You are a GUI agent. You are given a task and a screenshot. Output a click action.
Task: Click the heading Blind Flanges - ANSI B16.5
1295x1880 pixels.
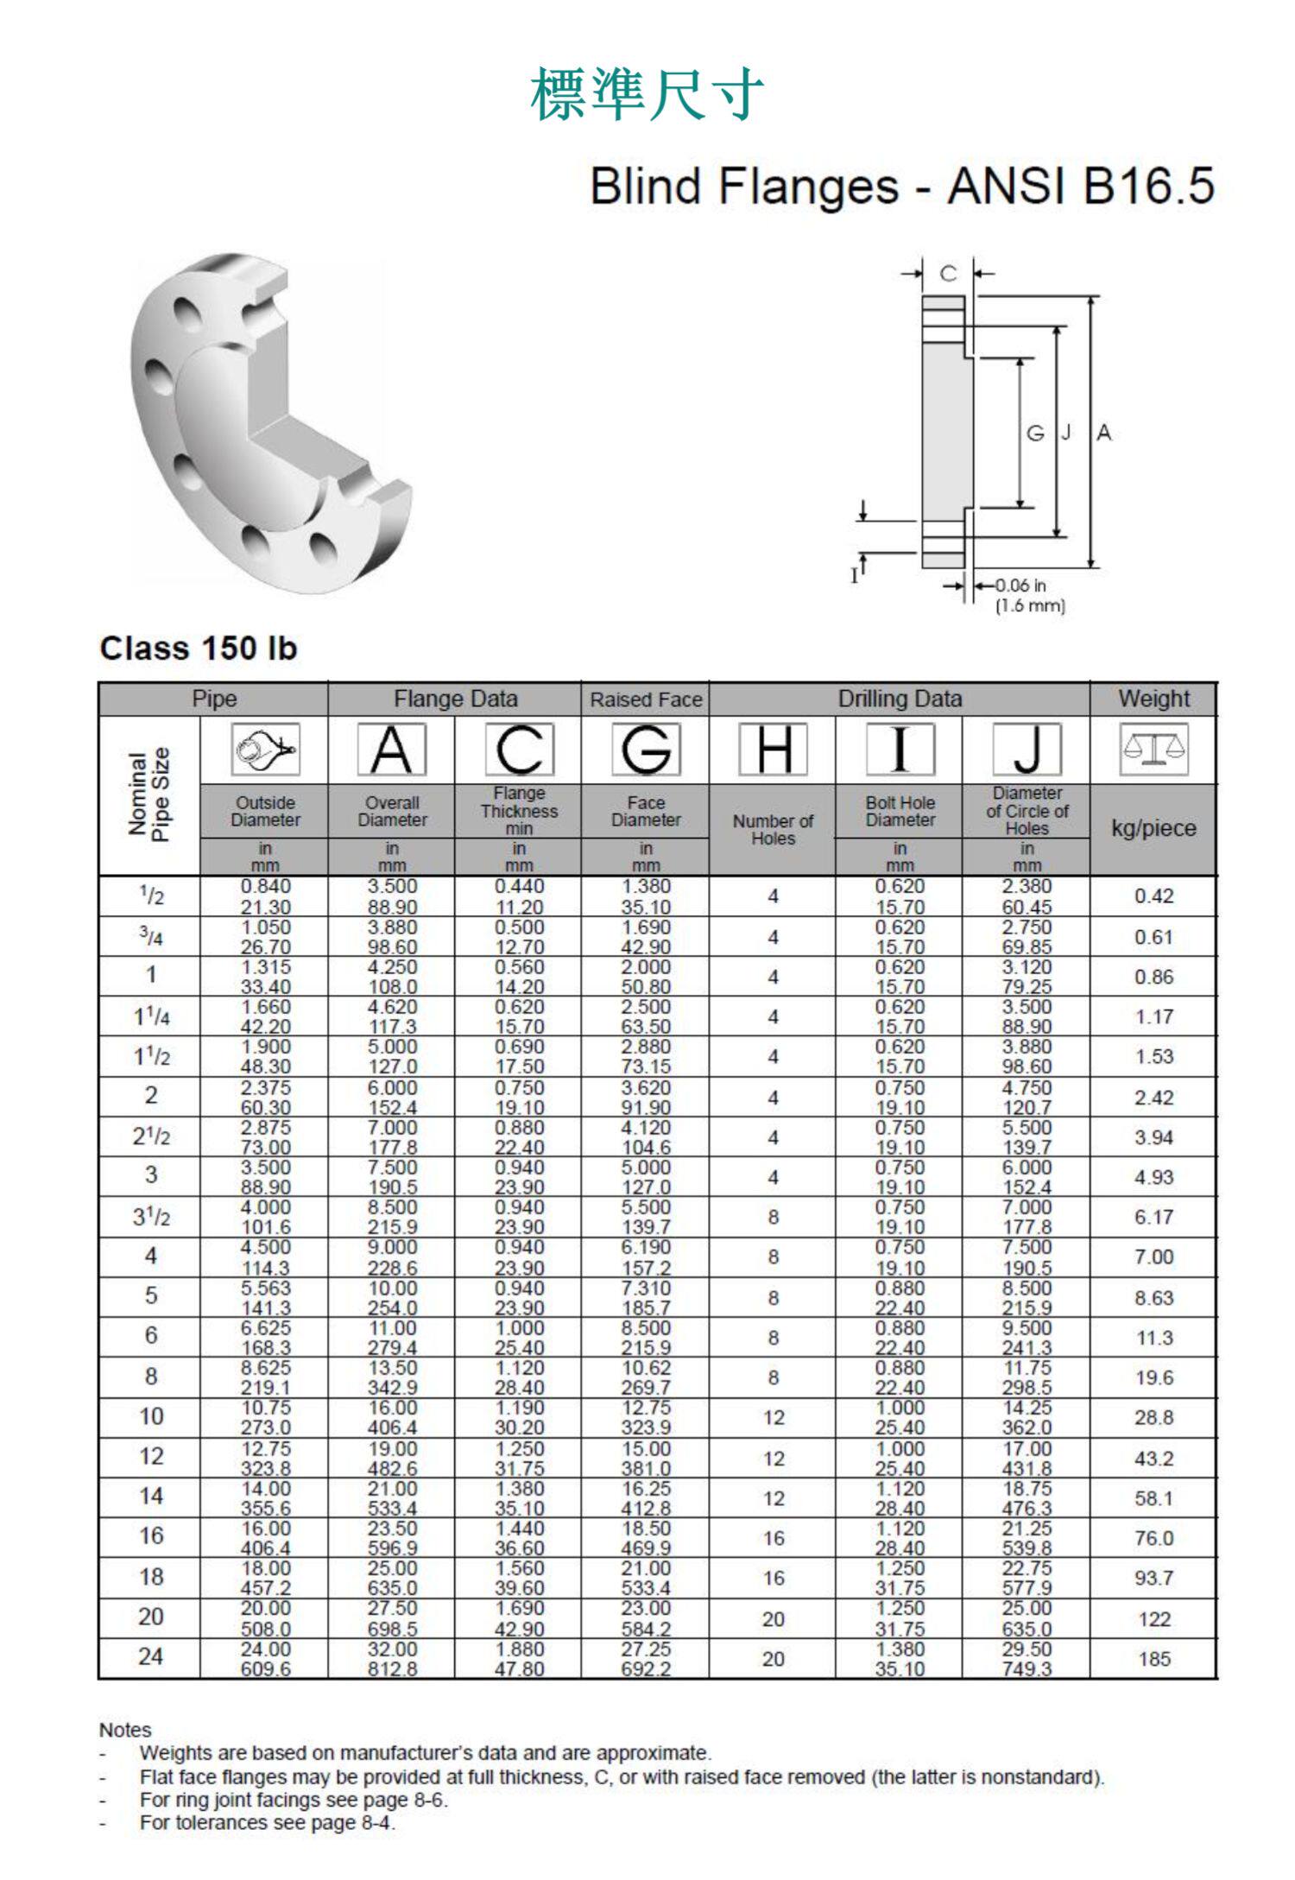point(902,186)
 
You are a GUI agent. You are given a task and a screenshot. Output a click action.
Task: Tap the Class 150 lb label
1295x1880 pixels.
point(199,649)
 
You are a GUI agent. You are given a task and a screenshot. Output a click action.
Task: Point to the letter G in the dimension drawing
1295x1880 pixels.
point(1035,434)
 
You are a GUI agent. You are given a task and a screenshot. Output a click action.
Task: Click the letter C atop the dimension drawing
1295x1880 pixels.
point(948,274)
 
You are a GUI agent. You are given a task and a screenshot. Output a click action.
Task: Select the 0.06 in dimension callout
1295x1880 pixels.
point(1020,586)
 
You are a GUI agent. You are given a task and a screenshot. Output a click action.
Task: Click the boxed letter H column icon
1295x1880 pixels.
point(774,750)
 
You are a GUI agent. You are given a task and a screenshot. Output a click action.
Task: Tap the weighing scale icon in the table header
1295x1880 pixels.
point(1153,749)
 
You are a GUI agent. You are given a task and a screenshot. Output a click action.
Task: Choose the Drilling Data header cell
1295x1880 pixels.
point(900,699)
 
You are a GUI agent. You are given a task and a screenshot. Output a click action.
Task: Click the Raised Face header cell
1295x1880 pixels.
point(646,699)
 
